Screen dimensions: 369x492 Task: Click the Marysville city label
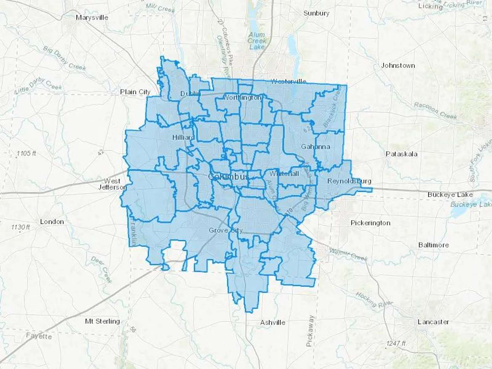click(92, 17)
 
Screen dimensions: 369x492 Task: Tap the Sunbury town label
click(316, 13)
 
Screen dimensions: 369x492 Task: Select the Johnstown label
click(398, 66)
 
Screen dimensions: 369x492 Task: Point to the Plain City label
click(135, 92)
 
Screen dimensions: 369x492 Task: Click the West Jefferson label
click(112, 184)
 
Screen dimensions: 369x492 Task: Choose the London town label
click(52, 222)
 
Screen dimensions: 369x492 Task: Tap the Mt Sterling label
click(102, 321)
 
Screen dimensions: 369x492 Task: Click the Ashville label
click(273, 323)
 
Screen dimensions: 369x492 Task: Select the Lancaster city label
click(433, 322)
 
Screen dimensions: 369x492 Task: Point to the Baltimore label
click(434, 245)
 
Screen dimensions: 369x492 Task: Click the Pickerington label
click(370, 223)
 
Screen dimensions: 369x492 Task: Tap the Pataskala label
click(402, 154)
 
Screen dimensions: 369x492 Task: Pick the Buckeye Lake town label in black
click(450, 195)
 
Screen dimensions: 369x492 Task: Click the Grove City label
click(225, 230)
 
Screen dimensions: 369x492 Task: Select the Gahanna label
click(315, 147)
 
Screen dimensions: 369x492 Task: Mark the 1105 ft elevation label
click(26, 154)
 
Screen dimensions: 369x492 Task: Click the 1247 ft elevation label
click(396, 343)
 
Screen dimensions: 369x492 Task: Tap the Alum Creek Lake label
click(257, 41)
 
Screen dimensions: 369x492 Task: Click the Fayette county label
click(39, 336)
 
